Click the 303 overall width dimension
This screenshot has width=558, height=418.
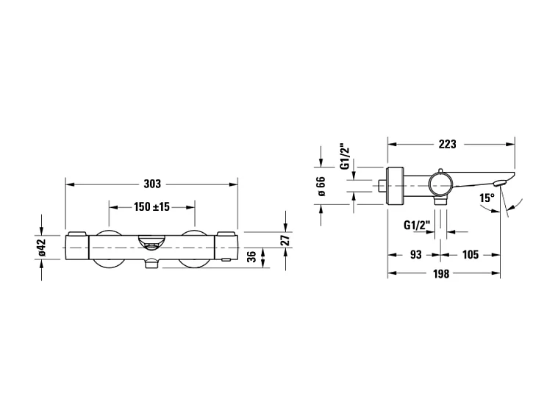pos(152,184)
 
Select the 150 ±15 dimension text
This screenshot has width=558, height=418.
pos(152,207)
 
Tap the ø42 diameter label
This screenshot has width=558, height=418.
pos(42,248)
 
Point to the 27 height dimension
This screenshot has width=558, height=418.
pos(286,239)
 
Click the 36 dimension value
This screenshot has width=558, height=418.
pos(252,256)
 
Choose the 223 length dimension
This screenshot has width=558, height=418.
pos(447,143)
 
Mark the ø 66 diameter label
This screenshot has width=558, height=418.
pos(321,187)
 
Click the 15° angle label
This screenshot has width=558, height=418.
pos(486,198)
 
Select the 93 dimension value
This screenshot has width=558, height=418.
pos(415,255)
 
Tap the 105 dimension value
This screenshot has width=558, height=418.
pos(470,255)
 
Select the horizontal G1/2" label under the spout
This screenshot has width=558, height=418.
pos(416,226)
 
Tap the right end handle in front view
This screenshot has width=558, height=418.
pos(226,248)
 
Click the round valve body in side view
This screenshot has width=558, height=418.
pos(442,183)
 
